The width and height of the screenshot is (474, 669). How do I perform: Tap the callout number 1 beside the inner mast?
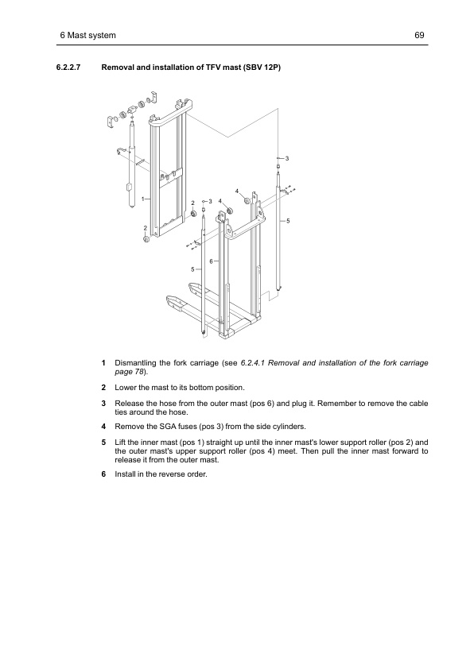click(x=143, y=198)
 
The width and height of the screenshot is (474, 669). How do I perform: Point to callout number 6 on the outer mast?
click(x=212, y=261)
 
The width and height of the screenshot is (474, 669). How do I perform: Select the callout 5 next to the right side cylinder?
click(x=288, y=219)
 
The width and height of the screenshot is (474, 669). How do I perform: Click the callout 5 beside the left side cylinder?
click(x=192, y=270)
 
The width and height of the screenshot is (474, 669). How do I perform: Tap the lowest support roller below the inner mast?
click(x=146, y=240)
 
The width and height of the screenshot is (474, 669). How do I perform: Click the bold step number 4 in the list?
click(x=104, y=426)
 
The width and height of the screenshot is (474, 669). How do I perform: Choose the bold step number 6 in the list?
click(x=104, y=474)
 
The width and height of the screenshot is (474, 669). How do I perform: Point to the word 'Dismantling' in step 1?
click(x=138, y=363)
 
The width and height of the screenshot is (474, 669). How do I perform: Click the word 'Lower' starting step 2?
click(x=127, y=387)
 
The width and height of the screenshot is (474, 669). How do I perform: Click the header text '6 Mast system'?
click(x=88, y=36)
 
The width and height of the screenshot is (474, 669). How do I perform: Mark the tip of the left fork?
click(x=169, y=300)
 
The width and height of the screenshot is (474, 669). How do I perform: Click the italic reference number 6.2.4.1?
click(x=255, y=363)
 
